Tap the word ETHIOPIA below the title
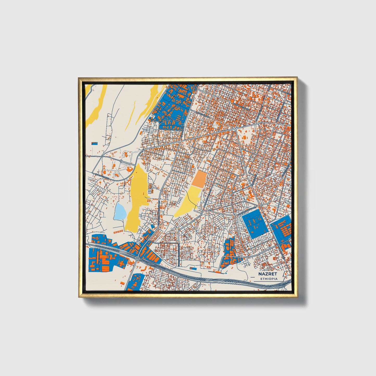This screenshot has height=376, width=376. [x=269, y=279]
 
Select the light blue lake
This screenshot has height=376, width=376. [x=120, y=211]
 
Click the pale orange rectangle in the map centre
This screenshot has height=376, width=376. [x=199, y=179]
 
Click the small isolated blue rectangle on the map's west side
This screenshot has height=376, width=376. [x=94, y=143]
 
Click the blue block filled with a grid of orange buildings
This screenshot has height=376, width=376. [x=282, y=229]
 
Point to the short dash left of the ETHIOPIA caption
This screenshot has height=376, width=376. [x=256, y=279]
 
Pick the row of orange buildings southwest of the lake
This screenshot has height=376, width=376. [x=118, y=231]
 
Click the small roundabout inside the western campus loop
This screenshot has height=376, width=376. [x=121, y=161]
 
